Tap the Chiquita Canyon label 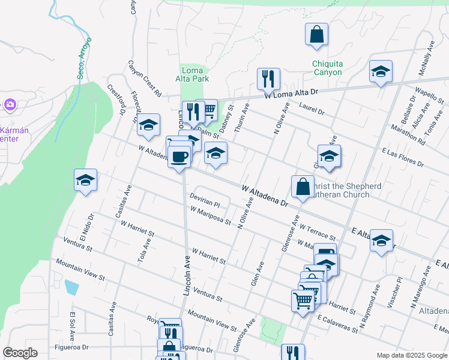tap(327, 68)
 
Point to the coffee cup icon tap(179, 157)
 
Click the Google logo tap(20, 352)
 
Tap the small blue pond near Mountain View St tap(71, 287)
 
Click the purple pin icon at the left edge tap(10, 106)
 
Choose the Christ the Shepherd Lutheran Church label tap(346, 191)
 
